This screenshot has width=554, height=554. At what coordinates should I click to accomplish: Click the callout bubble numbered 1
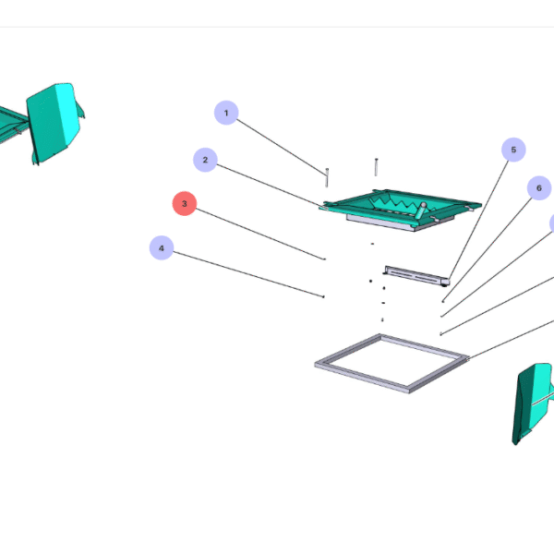click(x=226, y=114)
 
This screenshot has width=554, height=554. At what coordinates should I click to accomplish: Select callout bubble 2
click(x=206, y=160)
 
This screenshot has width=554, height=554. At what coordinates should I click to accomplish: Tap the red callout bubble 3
click(x=185, y=203)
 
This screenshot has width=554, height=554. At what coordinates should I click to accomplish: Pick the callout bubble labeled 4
click(x=162, y=248)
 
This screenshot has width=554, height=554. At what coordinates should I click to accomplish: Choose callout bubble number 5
click(x=513, y=150)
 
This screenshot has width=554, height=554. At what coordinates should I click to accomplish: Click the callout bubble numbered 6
click(x=538, y=188)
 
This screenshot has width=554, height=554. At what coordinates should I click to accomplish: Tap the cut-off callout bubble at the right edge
click(x=551, y=223)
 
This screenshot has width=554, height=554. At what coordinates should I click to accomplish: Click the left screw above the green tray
click(x=327, y=175)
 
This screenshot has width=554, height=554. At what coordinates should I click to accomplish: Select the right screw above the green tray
click(x=377, y=167)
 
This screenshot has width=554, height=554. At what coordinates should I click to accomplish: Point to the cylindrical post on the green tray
click(x=420, y=210)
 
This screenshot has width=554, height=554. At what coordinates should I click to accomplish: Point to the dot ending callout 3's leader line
click(x=324, y=259)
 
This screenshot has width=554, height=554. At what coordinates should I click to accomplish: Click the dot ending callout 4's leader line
click(x=323, y=296)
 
